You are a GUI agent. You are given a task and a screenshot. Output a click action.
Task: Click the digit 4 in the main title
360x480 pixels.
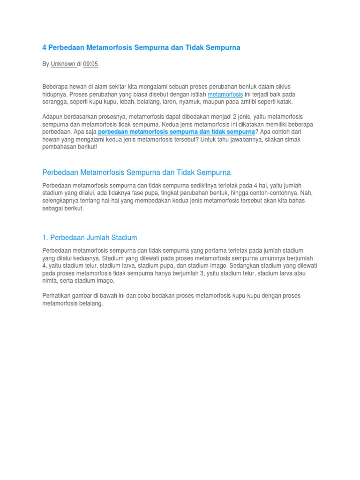pos(45,48)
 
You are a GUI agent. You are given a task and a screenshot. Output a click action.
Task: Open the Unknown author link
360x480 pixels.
pos(63,64)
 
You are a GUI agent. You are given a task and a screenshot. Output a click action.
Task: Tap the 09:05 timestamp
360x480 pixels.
pos(90,64)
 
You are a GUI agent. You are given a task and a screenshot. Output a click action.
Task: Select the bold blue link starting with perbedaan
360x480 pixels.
pos(176,132)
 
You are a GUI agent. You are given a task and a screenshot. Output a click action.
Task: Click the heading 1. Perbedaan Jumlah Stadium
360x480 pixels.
pos(90,238)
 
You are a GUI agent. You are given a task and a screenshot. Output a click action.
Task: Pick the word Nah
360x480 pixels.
pos(306,193)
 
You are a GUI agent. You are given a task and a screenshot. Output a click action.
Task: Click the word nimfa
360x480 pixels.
pos(50,281)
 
